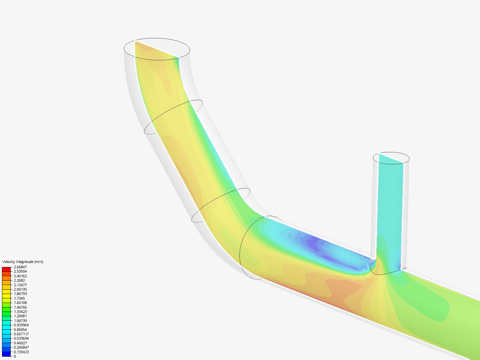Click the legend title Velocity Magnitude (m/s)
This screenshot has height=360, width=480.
click(x=23, y=262)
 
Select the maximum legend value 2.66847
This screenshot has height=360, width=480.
click(x=20, y=267)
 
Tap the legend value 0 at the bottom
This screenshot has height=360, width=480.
click(x=15, y=356)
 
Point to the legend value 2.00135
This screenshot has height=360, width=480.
click(x=20, y=289)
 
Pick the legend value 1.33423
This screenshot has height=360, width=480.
click(x=20, y=312)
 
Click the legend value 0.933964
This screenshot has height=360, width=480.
click(x=21, y=325)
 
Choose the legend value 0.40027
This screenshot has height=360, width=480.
click(x=20, y=343)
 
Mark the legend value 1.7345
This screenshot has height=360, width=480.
click(x=19, y=298)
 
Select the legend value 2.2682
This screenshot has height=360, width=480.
click(x=19, y=280)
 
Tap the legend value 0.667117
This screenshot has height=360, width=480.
click(x=21, y=334)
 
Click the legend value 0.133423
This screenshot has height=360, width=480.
click(x=21, y=352)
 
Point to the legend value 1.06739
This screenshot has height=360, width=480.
click(x=20, y=321)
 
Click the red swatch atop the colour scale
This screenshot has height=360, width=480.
click(x=6, y=269)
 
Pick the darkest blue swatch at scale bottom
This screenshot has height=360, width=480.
click(x=6, y=354)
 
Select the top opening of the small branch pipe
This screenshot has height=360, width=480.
click(x=391, y=158)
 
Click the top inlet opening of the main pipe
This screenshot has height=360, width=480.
click(x=157, y=49)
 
